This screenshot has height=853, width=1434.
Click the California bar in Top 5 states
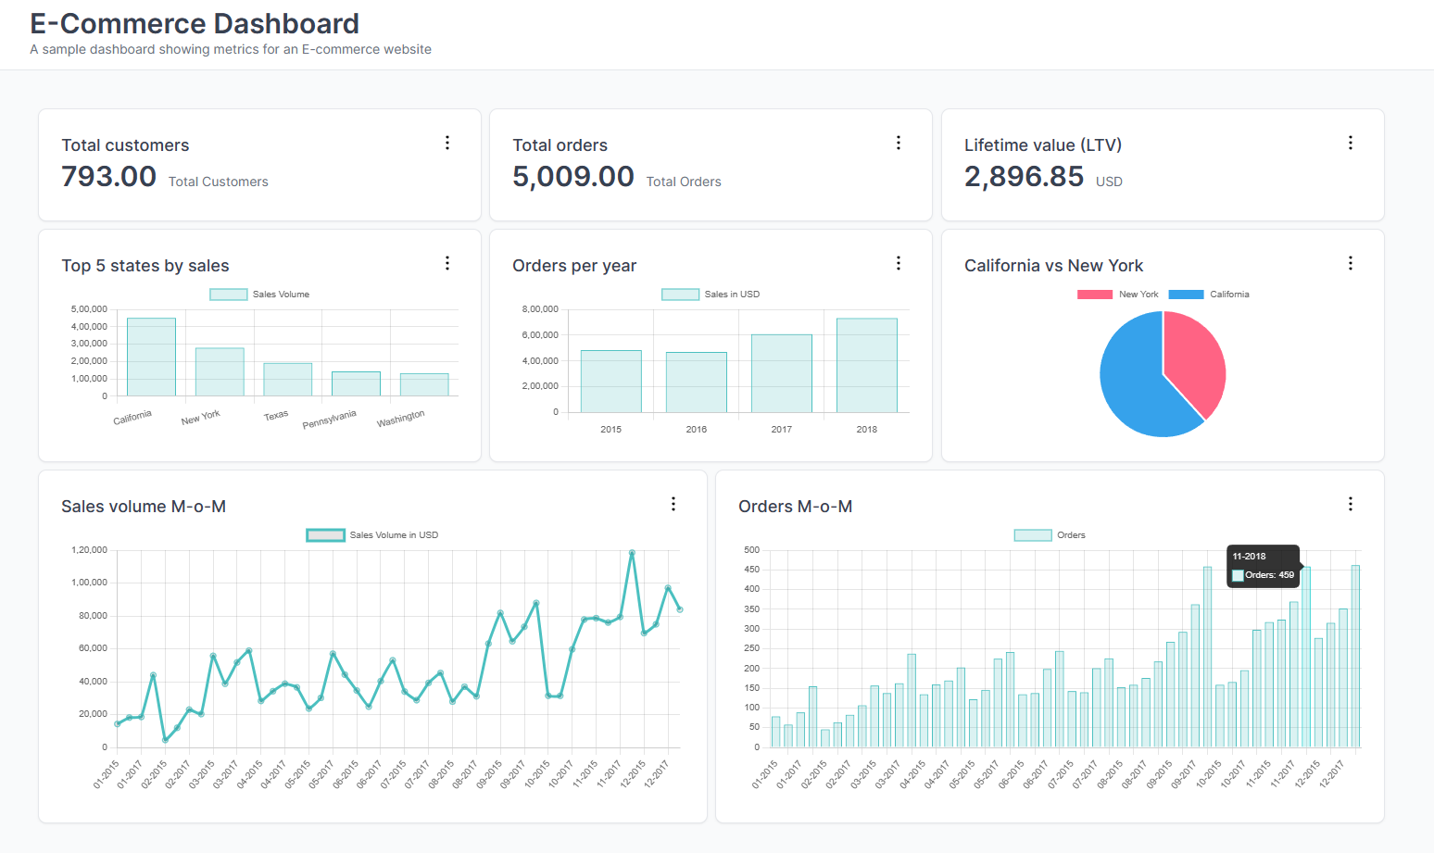(x=151, y=358)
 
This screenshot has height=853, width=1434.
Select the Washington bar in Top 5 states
(x=424, y=384)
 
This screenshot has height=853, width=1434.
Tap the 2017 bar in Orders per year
(x=781, y=373)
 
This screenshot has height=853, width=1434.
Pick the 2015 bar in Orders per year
(x=610, y=382)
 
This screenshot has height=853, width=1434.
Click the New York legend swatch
(x=1094, y=295)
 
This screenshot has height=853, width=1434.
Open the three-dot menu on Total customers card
(x=447, y=143)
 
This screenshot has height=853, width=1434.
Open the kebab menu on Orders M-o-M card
(x=1350, y=504)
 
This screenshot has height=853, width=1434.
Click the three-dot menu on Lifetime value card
(x=1350, y=143)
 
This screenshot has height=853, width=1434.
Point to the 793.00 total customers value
(x=108, y=176)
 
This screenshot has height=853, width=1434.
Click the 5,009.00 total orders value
(x=572, y=176)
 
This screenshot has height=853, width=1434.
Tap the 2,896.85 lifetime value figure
(x=1024, y=176)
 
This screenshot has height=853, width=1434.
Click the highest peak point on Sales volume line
(x=632, y=553)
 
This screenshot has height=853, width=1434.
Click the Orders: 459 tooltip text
(x=1269, y=575)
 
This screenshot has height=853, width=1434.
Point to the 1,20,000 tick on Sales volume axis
(x=89, y=550)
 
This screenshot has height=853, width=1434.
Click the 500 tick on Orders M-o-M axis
(x=751, y=550)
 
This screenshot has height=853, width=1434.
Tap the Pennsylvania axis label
(x=329, y=419)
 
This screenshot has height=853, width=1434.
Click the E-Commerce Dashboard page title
(x=195, y=23)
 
